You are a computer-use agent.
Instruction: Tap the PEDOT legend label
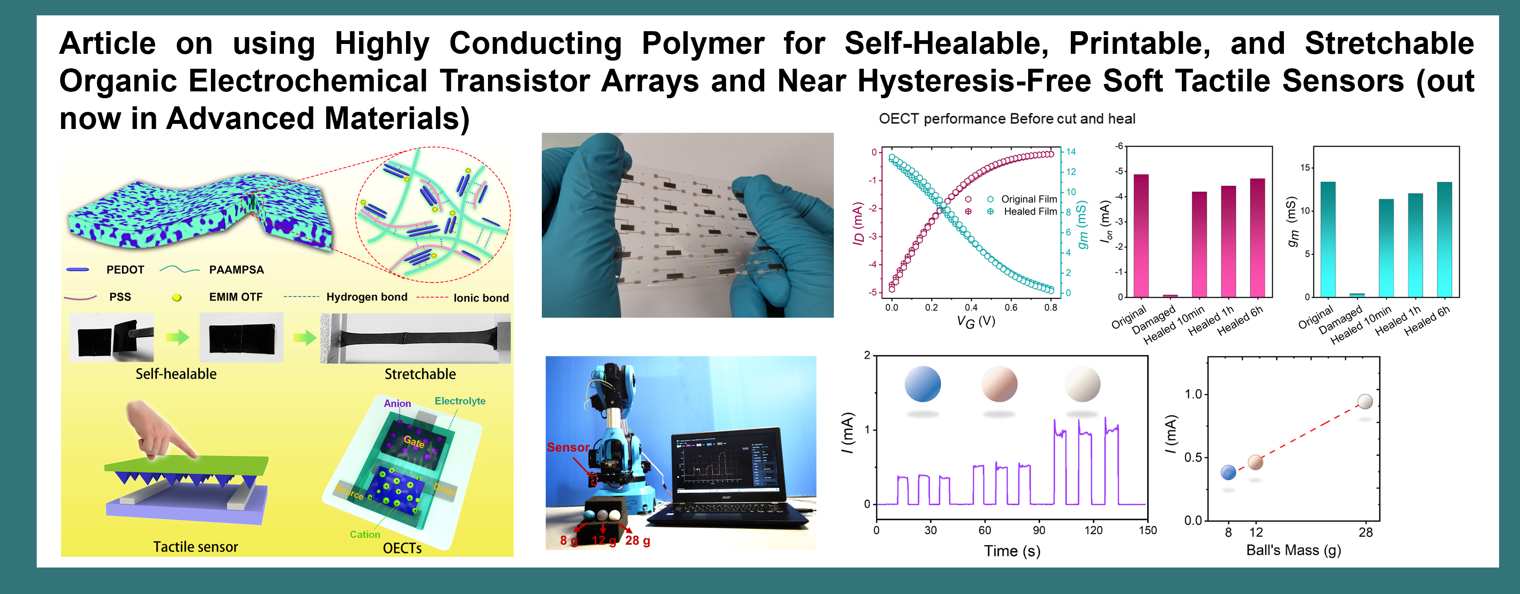(125, 269)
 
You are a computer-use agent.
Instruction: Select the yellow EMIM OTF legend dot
(176, 297)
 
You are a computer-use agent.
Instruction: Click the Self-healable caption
(176, 374)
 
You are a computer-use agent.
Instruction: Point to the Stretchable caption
(420, 374)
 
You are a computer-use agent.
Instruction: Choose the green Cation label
(365, 534)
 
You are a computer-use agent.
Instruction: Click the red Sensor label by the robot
(567, 447)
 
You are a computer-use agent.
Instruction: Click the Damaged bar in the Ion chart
(1170, 296)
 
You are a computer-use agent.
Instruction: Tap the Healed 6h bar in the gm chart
(1444, 240)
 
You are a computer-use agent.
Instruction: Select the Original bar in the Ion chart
(1141, 236)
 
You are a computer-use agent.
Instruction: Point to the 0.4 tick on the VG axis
(970, 307)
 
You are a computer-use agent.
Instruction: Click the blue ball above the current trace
(922, 384)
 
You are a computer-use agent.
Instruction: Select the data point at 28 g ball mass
(1365, 402)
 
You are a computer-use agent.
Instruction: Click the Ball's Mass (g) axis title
(1293, 550)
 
